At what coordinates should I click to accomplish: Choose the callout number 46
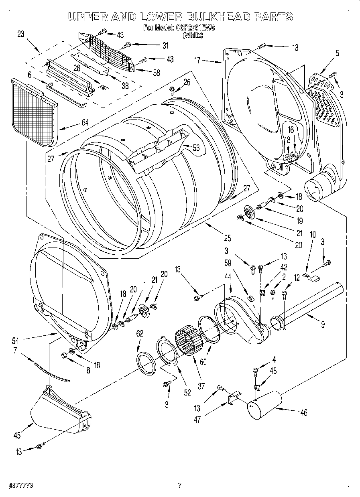(x=303, y=412)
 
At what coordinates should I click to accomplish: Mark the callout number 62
(x=139, y=333)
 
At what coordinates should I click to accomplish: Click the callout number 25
(x=227, y=239)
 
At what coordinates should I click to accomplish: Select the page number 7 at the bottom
(x=180, y=485)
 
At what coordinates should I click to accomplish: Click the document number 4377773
(x=20, y=485)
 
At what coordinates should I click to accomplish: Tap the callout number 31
(x=165, y=45)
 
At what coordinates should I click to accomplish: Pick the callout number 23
(x=21, y=34)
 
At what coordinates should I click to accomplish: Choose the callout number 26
(x=187, y=83)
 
